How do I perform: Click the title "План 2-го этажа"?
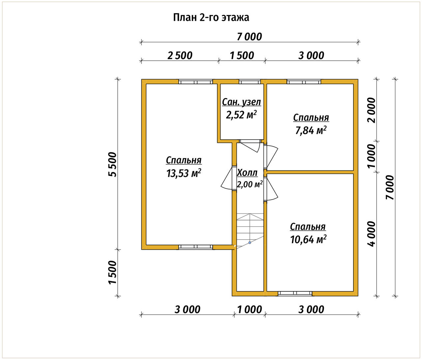(x=211, y=17)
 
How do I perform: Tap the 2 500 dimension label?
(x=180, y=55)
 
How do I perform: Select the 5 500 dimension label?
(x=112, y=164)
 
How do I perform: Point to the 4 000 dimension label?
(x=371, y=234)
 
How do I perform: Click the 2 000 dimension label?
(x=371, y=110)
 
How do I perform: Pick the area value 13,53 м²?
(x=184, y=173)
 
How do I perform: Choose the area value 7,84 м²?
(x=311, y=130)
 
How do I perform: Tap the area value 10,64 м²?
(x=308, y=239)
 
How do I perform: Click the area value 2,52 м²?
(x=241, y=115)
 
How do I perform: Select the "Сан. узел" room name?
(x=242, y=102)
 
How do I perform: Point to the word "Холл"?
(x=247, y=173)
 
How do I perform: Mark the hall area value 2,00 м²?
(x=250, y=184)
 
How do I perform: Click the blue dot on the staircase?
(x=250, y=243)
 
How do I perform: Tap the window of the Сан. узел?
(x=250, y=82)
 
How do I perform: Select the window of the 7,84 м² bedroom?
(x=304, y=82)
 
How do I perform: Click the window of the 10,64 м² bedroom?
(x=295, y=293)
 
